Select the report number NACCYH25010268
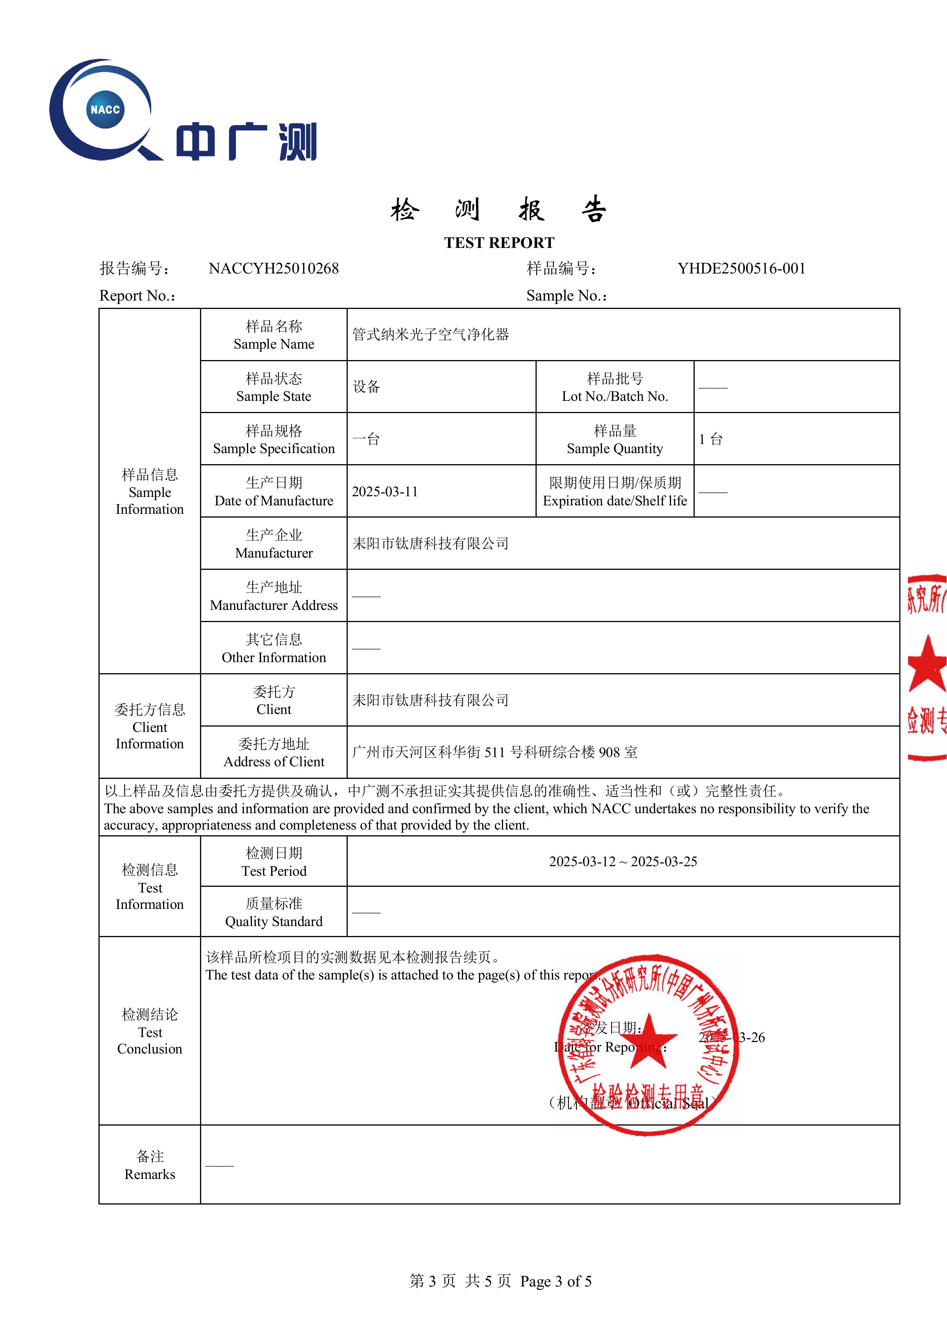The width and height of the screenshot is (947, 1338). pyautogui.click(x=273, y=269)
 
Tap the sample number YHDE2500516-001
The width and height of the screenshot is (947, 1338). pyautogui.click(x=741, y=269)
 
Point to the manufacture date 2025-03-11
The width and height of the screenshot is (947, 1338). pyautogui.click(x=385, y=492)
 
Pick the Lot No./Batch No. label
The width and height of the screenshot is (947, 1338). pyautogui.click(x=615, y=388)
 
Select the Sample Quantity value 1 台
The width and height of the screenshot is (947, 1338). pyautogui.click(x=711, y=439)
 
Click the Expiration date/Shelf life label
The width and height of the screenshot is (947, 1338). pyautogui.click(x=615, y=492)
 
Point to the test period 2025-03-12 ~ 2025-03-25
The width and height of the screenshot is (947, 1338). pyautogui.click(x=623, y=862)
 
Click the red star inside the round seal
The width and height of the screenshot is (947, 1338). pyautogui.click(x=649, y=1041)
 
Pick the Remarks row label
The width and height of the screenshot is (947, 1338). pyautogui.click(x=150, y=1165)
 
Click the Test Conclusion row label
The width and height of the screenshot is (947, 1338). pyautogui.click(x=150, y=1031)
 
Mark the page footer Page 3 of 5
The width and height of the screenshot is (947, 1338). pyautogui.click(x=556, y=1282)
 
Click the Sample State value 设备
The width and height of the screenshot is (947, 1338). pyautogui.click(x=366, y=387)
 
